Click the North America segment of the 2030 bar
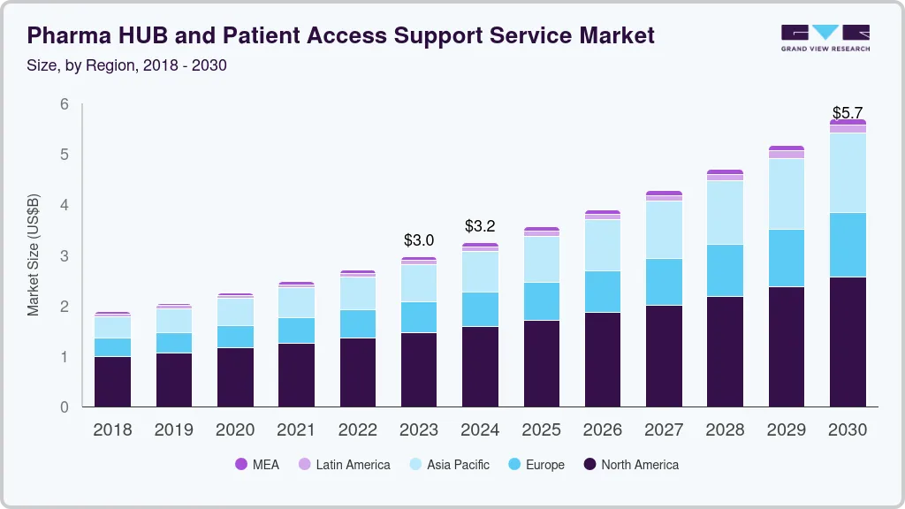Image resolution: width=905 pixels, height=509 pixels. [x=848, y=341]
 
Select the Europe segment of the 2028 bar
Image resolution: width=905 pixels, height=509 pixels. [x=725, y=270]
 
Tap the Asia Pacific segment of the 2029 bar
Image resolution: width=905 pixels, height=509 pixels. [x=787, y=194]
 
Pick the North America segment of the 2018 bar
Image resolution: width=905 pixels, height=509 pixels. [x=112, y=381]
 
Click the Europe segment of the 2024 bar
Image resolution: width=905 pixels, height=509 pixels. [x=480, y=309]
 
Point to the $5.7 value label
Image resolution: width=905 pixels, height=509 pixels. [x=848, y=113]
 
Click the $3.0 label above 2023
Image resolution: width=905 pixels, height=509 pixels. [x=419, y=240]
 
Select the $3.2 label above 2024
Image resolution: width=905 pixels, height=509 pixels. [x=480, y=226]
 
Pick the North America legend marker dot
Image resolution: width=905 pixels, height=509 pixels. [x=589, y=464]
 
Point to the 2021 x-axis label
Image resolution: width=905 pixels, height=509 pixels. [x=296, y=430]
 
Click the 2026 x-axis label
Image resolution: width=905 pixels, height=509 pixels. [x=603, y=430]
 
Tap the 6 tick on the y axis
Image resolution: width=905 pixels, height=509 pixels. [x=65, y=104]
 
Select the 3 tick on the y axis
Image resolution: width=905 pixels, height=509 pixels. [x=65, y=256]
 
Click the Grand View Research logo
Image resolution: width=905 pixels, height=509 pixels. [x=825, y=38]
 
